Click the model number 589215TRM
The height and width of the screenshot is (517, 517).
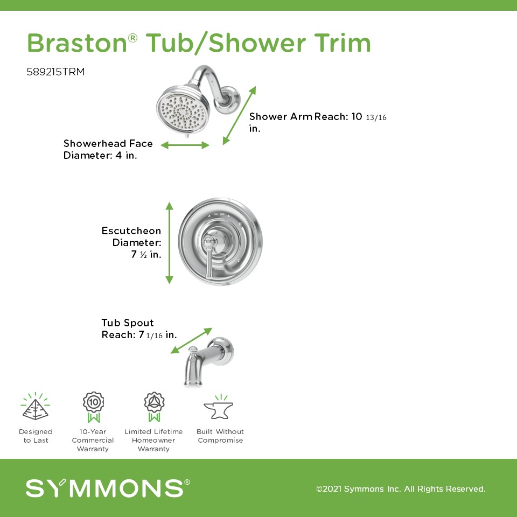coord(55,72)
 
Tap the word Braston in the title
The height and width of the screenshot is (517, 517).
coord(77,43)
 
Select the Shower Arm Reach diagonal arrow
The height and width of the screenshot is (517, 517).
coord(239,115)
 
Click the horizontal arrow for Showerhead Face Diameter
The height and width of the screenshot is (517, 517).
coord(185,145)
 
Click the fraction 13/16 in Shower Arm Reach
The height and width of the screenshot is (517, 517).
coord(376,117)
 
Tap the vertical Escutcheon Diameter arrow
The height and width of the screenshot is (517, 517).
coord(169,243)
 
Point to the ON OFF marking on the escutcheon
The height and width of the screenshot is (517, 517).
coord(219,214)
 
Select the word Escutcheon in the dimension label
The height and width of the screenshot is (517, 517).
coord(131,231)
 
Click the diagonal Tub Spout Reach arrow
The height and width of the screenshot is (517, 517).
coord(192,340)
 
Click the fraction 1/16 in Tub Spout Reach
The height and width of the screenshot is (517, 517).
coord(155,336)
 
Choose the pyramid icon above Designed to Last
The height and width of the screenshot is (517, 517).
coord(36,406)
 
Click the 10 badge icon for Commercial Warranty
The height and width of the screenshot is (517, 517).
coord(94,407)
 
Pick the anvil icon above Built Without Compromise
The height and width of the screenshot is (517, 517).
coord(219,407)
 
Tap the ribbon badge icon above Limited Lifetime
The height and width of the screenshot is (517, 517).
coord(155,407)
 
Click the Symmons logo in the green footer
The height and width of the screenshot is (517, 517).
coord(108,488)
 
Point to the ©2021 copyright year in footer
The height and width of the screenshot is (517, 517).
coord(330,488)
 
